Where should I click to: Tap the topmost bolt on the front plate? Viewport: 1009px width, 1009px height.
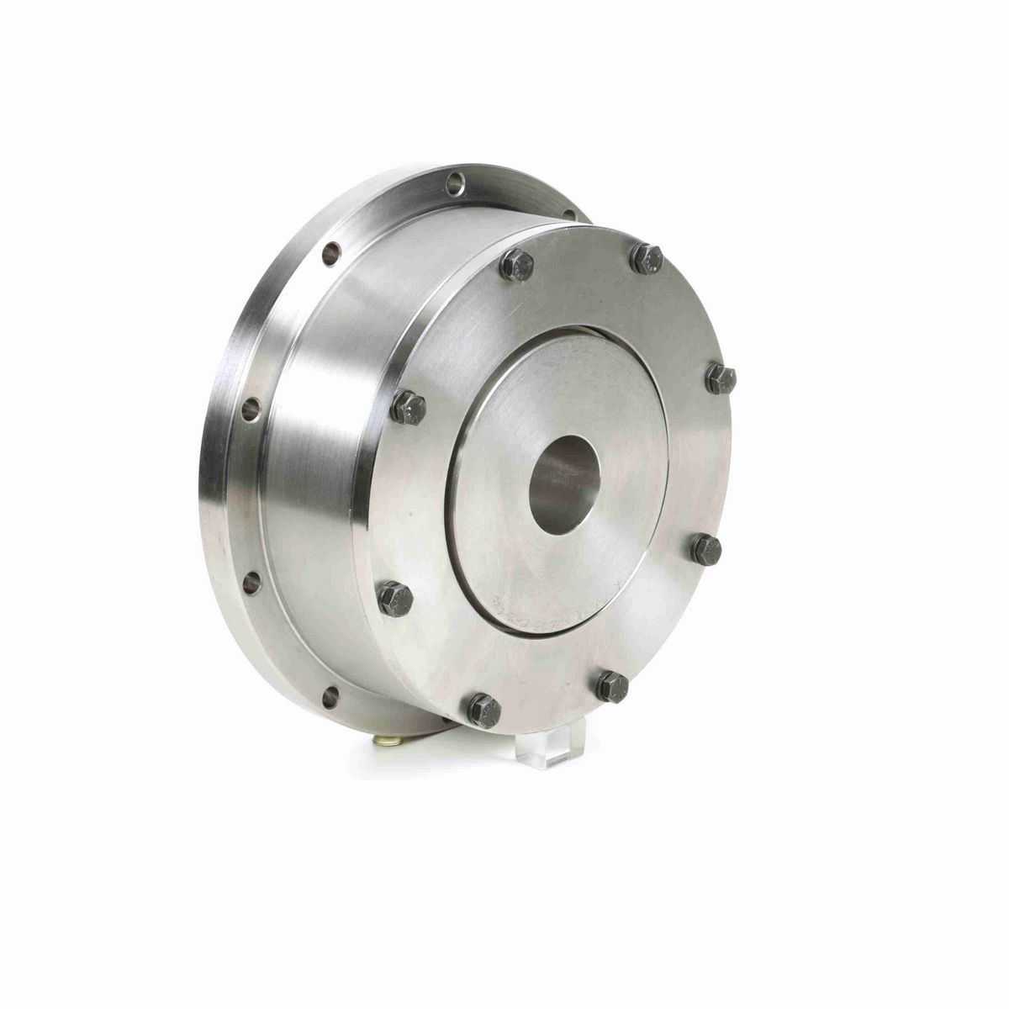[646, 258]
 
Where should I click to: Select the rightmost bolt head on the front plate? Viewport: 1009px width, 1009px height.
[721, 379]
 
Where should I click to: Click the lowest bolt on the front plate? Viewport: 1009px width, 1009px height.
[485, 711]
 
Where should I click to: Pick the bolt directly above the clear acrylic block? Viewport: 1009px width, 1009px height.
[611, 686]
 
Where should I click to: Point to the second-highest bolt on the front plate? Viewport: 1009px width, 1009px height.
[516, 267]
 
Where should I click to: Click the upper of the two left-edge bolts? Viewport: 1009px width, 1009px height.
[409, 409]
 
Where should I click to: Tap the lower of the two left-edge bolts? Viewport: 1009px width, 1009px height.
[395, 599]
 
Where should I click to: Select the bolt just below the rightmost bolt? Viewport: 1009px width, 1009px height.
[706, 550]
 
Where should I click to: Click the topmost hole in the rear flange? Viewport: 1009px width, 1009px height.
[455, 181]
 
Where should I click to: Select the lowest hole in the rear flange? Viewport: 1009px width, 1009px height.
[330, 695]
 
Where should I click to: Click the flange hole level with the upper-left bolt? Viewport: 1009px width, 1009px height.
[251, 409]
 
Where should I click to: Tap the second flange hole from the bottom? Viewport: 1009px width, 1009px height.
[251, 581]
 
